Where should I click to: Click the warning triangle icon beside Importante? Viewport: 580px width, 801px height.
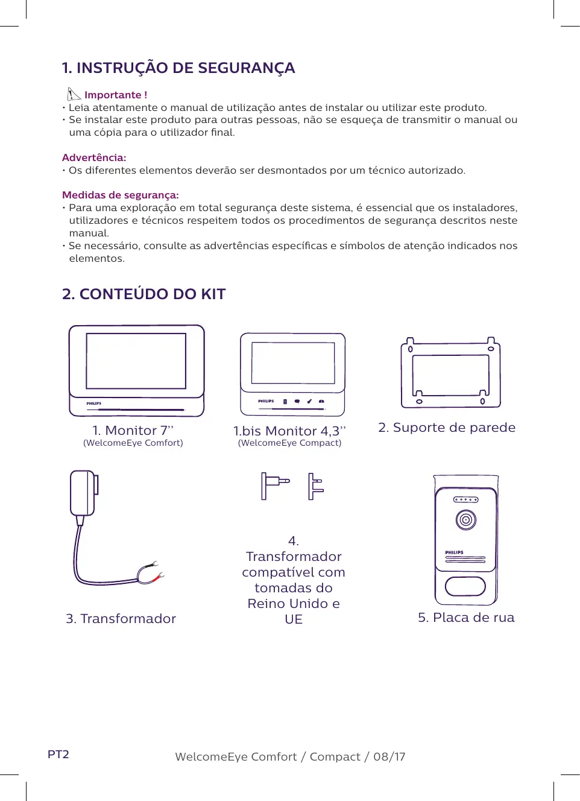(x=74, y=94)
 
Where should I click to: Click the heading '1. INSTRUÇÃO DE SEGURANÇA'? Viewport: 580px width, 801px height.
(x=178, y=68)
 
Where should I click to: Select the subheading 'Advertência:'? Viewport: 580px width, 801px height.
(x=94, y=157)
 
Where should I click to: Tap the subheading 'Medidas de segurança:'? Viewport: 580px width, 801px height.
(x=121, y=195)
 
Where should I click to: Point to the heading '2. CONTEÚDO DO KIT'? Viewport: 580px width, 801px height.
(x=144, y=294)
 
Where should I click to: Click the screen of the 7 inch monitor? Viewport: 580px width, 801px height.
(x=136, y=361)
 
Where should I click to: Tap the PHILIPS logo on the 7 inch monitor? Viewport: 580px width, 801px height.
(x=93, y=404)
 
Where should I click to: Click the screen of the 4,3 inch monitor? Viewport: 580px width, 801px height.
(x=293, y=363)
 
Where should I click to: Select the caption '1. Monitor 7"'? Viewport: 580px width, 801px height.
(x=133, y=430)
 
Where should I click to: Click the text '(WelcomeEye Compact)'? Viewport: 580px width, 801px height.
(x=289, y=443)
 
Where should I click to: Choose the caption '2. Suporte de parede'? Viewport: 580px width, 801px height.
(x=447, y=428)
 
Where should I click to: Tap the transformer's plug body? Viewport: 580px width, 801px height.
(x=83, y=493)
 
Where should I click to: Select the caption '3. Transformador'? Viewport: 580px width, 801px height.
(x=121, y=619)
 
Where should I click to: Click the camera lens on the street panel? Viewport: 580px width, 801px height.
(x=466, y=519)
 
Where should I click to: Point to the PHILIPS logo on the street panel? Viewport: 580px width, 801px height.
(x=454, y=552)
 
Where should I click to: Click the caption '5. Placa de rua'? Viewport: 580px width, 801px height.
(x=466, y=618)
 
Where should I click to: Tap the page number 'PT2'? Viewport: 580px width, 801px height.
(x=58, y=755)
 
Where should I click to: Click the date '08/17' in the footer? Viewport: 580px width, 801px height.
(x=389, y=757)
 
